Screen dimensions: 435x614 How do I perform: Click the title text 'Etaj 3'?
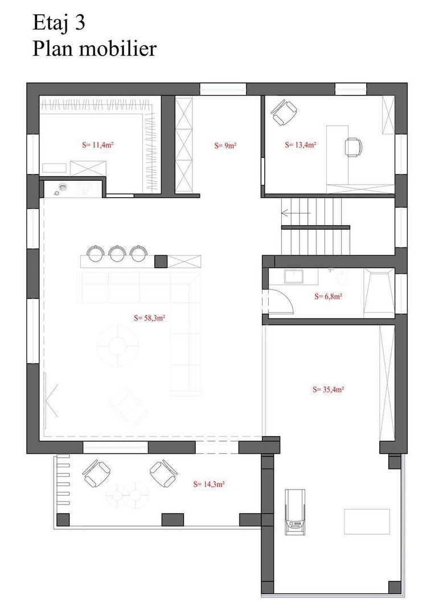coord(59,23)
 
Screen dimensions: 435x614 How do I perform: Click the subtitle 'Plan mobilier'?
coord(95,49)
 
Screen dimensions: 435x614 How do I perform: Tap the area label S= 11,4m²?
coord(98,144)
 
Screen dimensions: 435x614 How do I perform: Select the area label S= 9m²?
coord(225,146)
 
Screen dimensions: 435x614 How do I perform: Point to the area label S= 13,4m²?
coord(301,145)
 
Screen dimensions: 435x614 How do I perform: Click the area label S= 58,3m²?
coord(149,318)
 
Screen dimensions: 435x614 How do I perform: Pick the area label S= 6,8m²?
coord(329,296)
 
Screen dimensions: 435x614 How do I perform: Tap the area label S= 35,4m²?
coord(329,389)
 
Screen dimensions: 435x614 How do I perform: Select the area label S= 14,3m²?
coord(208,484)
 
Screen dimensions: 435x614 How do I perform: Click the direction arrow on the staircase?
coord(296,213)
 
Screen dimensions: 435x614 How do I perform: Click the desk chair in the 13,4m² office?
coord(354,148)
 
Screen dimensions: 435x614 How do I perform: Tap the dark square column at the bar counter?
coord(161,261)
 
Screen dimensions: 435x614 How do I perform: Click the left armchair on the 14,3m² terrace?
coord(96,472)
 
